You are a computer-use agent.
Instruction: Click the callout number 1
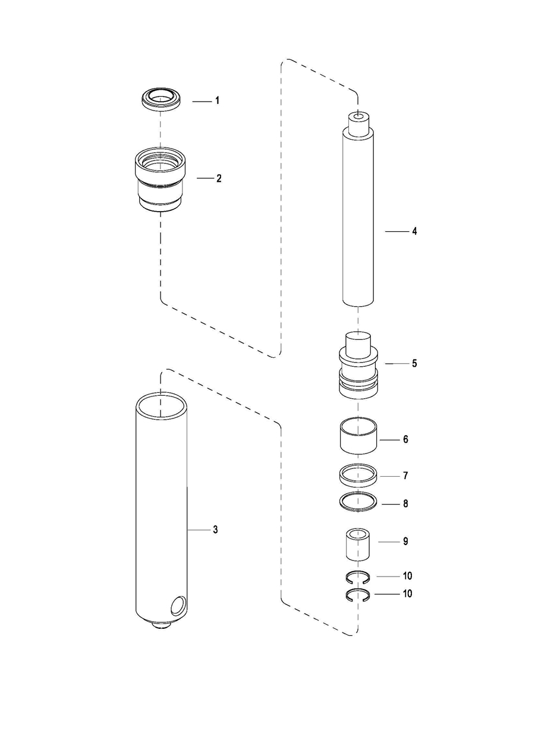pyautogui.click(x=218, y=100)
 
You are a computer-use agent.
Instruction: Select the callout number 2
pyautogui.click(x=219, y=178)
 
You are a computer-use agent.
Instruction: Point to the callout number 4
pyautogui.click(x=414, y=231)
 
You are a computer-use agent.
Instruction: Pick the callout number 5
pyautogui.click(x=414, y=364)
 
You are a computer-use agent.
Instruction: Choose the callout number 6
pyautogui.click(x=405, y=439)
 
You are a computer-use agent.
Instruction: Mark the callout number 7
pyautogui.click(x=405, y=476)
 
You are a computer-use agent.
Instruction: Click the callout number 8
pyautogui.click(x=405, y=503)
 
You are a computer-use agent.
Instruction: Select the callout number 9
pyautogui.click(x=405, y=541)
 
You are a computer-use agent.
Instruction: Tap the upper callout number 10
pyautogui.click(x=407, y=576)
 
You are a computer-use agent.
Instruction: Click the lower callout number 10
pyautogui.click(x=407, y=593)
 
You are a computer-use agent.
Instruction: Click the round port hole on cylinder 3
pyautogui.click(x=178, y=604)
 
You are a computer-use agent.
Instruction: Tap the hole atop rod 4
pyautogui.click(x=358, y=117)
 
